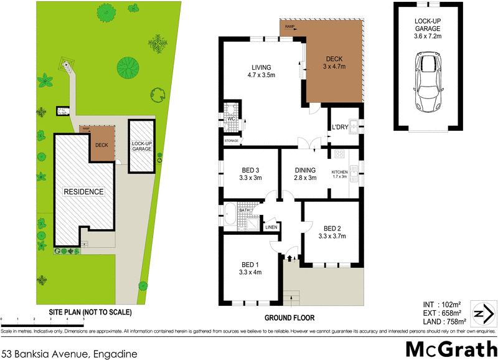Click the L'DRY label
339,127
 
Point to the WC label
230,118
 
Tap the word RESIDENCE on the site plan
83,191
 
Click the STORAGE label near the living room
232,141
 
